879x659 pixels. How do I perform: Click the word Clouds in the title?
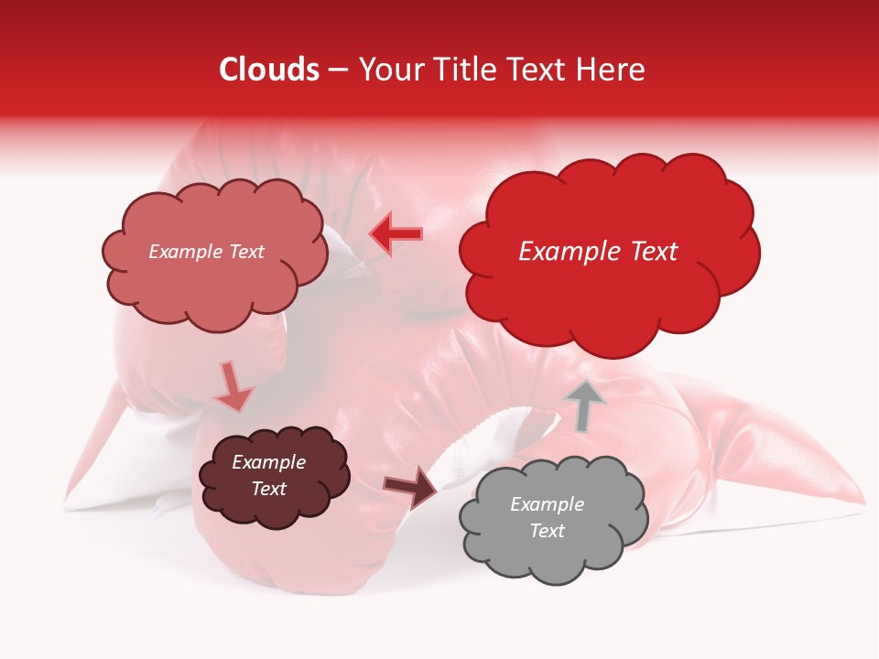[x=269, y=70]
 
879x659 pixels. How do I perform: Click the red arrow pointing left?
[x=396, y=234]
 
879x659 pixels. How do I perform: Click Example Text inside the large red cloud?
[x=598, y=252]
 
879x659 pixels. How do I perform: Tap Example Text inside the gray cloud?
[x=547, y=517]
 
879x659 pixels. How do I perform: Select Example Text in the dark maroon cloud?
[x=268, y=475]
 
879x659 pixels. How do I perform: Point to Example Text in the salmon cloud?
[x=206, y=252]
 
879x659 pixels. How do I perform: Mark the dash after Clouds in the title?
[x=337, y=70]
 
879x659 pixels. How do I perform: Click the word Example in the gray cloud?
[x=547, y=504]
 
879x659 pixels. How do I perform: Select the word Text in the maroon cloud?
[x=268, y=489]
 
